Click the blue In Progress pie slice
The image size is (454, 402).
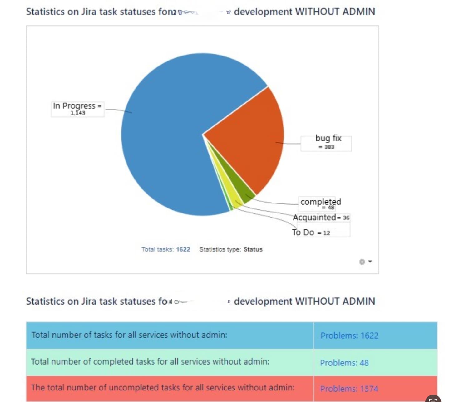(x=169, y=140)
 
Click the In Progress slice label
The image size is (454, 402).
(x=77, y=109)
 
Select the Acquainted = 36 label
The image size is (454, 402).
(x=321, y=218)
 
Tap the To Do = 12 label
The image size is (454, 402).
(x=311, y=233)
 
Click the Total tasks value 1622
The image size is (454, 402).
(x=183, y=249)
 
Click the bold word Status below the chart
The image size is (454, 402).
(x=253, y=249)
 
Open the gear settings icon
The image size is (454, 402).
(x=362, y=262)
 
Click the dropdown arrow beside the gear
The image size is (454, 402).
(x=370, y=262)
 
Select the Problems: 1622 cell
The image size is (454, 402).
(x=349, y=336)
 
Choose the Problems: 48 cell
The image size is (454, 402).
(x=344, y=363)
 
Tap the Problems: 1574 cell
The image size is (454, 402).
(x=349, y=389)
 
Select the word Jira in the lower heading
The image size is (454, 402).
(x=89, y=301)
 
